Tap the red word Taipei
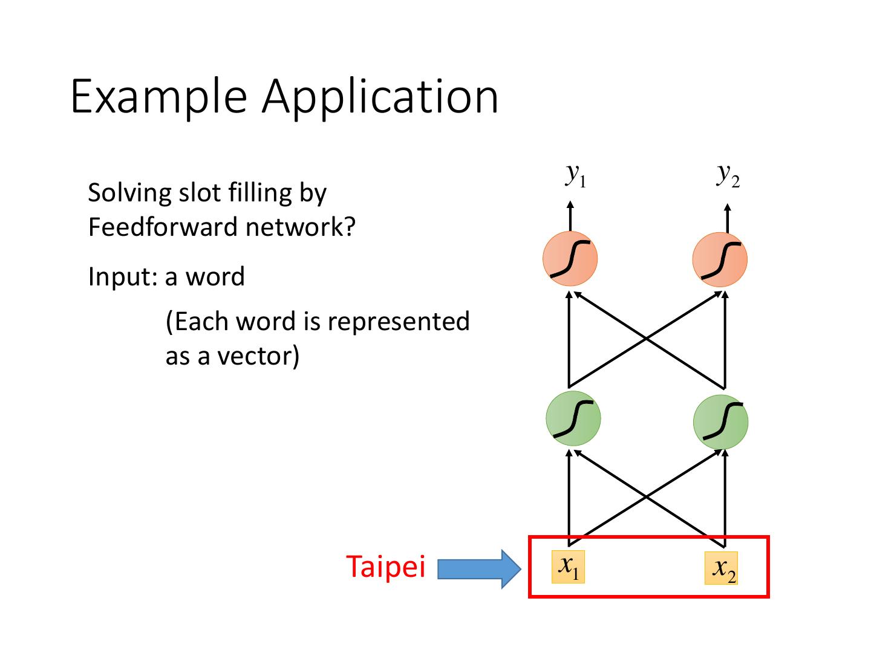[386, 567]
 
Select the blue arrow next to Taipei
[478, 569]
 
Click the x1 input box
[568, 567]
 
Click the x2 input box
[721, 568]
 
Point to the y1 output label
[575, 175]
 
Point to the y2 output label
[728, 175]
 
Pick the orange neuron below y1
[570, 259]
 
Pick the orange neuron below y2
[720, 260]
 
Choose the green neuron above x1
[573, 418]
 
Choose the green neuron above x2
[720, 421]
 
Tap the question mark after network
[349, 227]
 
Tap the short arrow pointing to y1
[570, 215]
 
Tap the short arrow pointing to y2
[727, 218]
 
